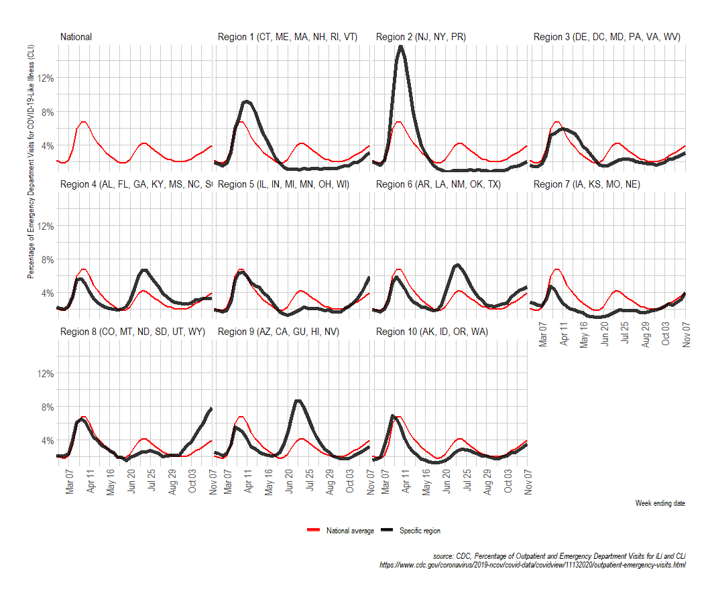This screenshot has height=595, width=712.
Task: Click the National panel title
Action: click(x=76, y=38)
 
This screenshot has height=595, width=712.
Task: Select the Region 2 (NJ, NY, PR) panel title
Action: click(x=420, y=38)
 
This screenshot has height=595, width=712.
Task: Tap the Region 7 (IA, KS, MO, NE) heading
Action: click(x=587, y=184)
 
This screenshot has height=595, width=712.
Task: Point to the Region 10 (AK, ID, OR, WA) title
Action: click(x=432, y=332)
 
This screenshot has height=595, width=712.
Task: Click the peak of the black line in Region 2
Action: click(x=401, y=46)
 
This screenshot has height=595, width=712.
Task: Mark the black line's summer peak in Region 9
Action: click(x=298, y=401)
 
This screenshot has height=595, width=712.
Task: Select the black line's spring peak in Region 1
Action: click(x=247, y=101)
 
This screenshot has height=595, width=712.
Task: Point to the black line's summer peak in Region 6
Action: click(x=457, y=265)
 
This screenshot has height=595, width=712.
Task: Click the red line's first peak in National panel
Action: click(x=82, y=122)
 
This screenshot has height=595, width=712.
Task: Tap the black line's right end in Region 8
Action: click(x=211, y=409)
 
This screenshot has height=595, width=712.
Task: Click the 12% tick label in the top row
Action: click(x=42, y=78)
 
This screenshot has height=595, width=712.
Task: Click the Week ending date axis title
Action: click(x=660, y=503)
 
